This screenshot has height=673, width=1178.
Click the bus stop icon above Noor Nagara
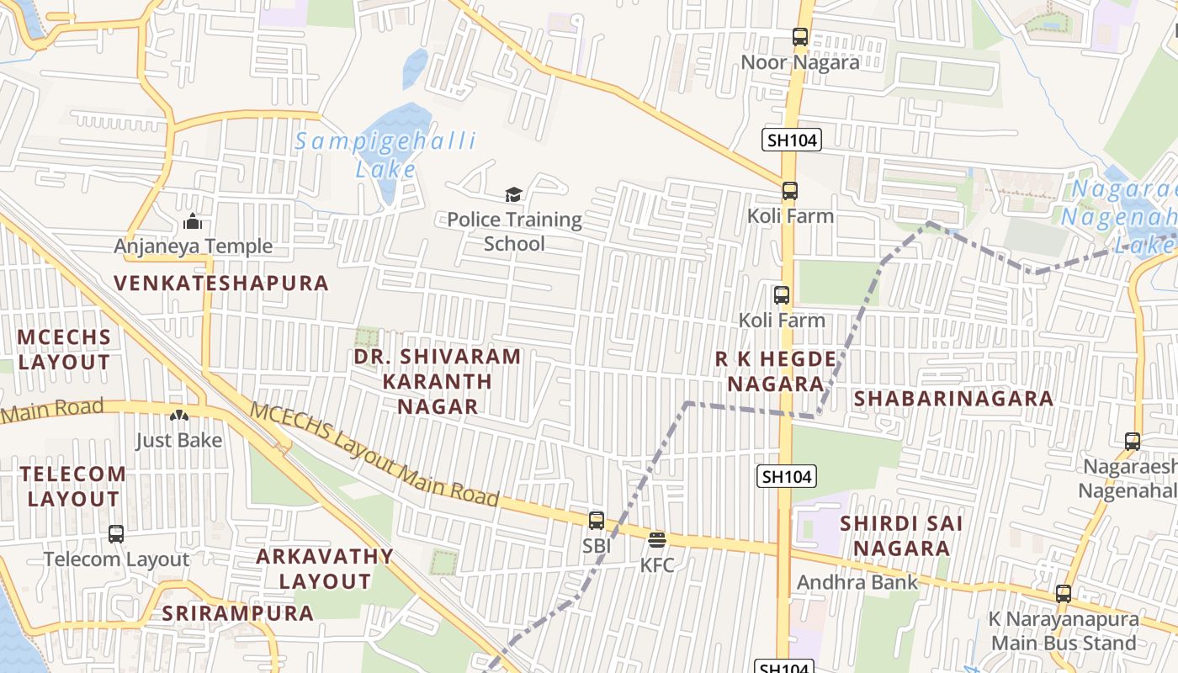point(799,37)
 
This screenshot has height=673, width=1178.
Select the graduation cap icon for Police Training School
point(513,195)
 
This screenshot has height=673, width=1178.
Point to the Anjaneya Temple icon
point(193,221)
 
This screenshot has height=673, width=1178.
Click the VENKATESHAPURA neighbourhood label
point(222,283)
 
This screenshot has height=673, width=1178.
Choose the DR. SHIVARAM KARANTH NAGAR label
point(438,381)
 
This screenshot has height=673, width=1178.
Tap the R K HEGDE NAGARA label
point(776,371)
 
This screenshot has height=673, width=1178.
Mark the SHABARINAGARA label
point(953,399)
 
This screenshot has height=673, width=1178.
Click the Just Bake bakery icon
point(179,415)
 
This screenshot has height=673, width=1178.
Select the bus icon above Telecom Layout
point(116,533)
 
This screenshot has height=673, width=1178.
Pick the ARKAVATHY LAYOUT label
point(325,569)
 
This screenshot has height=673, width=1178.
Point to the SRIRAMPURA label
point(238,613)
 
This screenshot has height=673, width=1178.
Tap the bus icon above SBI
point(596,520)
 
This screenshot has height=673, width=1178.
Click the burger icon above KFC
point(657,539)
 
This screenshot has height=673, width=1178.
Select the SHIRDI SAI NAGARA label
point(901,536)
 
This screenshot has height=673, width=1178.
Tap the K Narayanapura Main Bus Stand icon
point(1064,593)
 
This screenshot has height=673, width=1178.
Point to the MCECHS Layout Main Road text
point(375,456)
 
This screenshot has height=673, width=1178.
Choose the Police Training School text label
point(514,231)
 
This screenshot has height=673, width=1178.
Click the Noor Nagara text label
point(800,62)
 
